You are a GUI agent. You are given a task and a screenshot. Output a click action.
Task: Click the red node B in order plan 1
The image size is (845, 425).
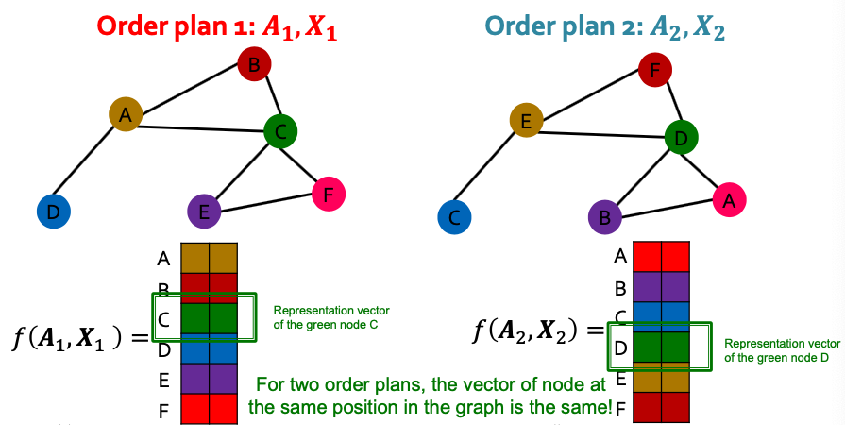253,65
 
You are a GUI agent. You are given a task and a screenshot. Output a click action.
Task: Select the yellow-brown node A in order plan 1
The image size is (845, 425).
125,114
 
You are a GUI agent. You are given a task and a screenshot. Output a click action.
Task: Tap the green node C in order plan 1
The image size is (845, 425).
280,130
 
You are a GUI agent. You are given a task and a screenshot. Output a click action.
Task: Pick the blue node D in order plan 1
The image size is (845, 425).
54,212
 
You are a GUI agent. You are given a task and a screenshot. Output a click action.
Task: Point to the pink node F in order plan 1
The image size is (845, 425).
328,195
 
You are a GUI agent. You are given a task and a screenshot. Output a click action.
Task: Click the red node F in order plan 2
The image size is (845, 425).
655,70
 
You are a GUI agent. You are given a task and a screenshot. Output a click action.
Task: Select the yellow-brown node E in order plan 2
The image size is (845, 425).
526,121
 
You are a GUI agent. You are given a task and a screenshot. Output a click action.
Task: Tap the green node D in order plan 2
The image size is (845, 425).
680,138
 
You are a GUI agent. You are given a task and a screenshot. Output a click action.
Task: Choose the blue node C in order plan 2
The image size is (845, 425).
454,217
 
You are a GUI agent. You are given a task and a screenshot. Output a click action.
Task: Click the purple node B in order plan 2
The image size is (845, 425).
604,217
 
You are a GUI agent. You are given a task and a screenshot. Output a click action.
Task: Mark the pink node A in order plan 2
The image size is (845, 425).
727,199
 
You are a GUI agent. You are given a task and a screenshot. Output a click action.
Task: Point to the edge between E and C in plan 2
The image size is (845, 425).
490,169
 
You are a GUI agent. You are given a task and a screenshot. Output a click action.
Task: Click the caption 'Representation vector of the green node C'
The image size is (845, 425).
330,315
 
